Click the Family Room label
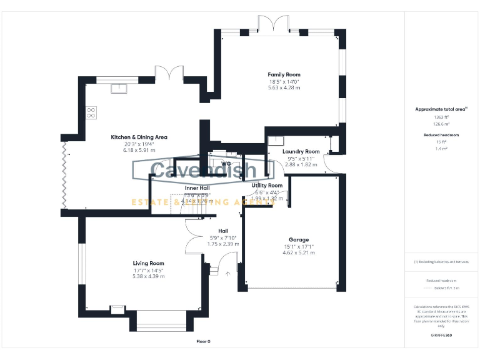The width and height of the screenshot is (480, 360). (284, 74)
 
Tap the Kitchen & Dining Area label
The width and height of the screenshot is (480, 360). (139, 137)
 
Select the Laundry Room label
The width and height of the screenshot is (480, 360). (301, 151)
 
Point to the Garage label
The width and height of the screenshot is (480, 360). (298, 239)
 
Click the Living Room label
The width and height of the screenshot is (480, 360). (148, 263)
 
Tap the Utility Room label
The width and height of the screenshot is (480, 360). (267, 185)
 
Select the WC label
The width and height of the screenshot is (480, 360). (226, 164)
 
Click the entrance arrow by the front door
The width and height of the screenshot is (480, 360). (228, 272)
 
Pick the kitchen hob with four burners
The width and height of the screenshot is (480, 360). (91, 113)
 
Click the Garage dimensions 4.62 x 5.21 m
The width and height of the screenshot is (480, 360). (298, 252)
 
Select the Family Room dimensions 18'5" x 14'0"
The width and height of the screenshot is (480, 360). (284, 81)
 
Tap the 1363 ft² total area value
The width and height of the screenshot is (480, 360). (441, 117)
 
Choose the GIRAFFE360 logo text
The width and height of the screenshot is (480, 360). (441, 336)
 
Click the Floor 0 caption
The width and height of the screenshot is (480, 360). (204, 341)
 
